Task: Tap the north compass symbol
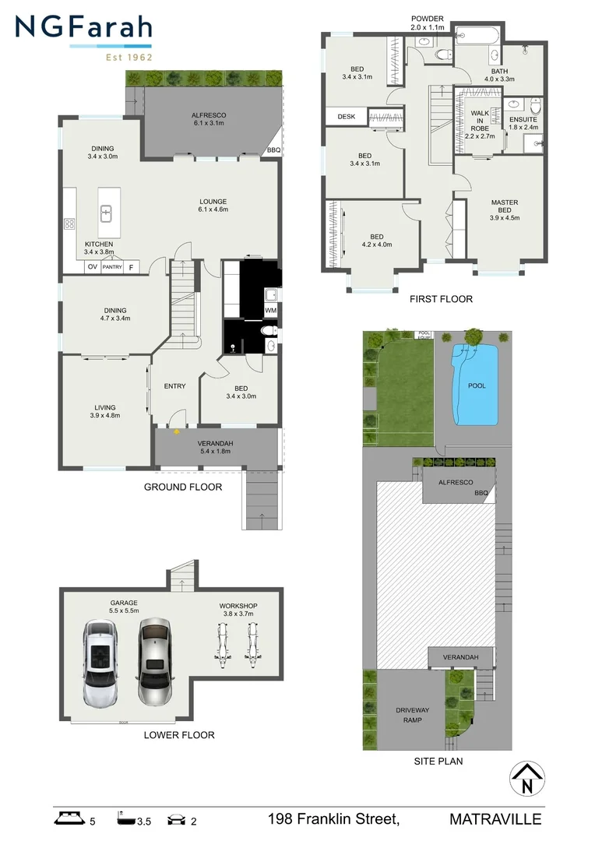(527, 779)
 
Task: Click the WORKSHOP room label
(238, 606)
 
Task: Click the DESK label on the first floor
(346, 117)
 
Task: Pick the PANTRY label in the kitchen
(112, 267)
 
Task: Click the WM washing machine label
(270, 311)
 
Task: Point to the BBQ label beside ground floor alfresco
(273, 150)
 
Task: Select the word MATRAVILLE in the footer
(495, 819)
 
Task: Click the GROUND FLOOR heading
(183, 487)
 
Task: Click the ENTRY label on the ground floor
(174, 386)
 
